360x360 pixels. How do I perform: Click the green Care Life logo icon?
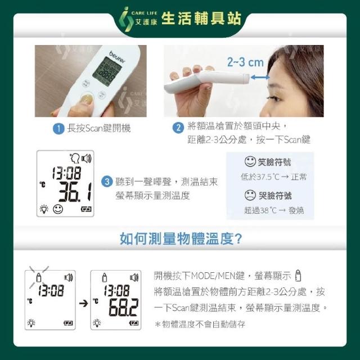tap(126, 19)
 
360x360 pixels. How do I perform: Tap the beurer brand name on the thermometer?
tap(118, 57)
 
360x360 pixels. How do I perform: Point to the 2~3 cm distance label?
tap(245, 62)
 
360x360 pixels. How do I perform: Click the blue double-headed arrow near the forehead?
tap(260, 77)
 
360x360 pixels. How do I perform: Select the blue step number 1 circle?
tap(58, 129)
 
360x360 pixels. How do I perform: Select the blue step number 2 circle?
tap(178, 128)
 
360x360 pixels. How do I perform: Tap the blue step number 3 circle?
tap(107, 182)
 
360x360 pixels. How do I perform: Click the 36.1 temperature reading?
tap(75, 192)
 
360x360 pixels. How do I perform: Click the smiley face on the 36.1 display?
tap(57, 209)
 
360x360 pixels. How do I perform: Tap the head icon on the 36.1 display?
tap(75, 159)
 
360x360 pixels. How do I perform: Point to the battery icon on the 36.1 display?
tap(86, 209)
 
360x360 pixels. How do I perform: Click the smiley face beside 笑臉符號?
tap(250, 161)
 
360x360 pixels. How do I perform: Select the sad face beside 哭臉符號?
tap(250, 195)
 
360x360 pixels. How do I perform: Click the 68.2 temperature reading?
tap(124, 308)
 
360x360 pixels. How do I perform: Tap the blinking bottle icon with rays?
tap(39, 277)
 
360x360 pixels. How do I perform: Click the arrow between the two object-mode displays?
tap(84, 304)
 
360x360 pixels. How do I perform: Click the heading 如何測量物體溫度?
tap(181, 238)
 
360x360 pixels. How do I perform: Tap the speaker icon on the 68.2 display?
tap(134, 277)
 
